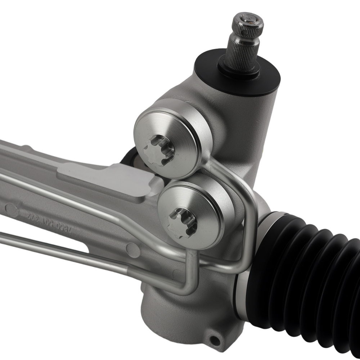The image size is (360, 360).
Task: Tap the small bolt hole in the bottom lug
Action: click(x=215, y=339)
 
